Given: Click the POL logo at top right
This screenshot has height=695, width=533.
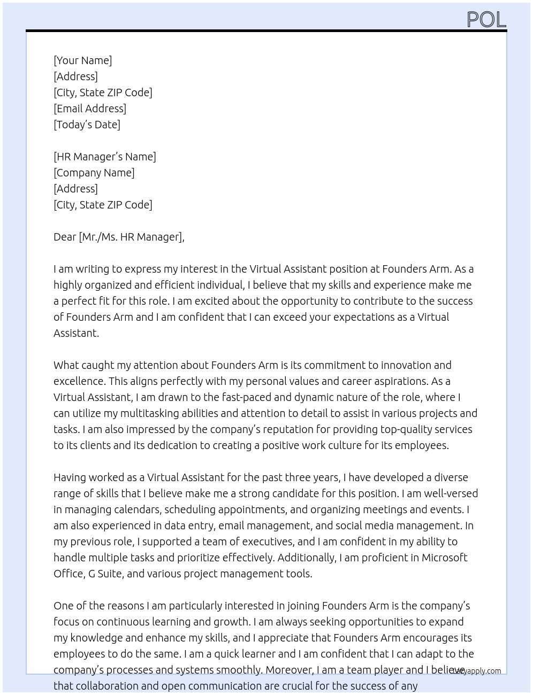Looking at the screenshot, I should click(486, 20).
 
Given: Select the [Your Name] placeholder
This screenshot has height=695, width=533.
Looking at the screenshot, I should click(82, 60).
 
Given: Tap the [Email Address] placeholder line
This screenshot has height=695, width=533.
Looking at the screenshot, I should click(90, 109).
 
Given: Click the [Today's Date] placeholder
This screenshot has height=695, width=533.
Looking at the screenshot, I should click(87, 125).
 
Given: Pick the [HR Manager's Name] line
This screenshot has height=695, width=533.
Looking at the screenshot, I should click(105, 157).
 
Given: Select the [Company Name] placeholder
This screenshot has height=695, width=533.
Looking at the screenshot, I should click(94, 173).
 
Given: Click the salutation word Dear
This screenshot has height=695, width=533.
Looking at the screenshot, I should click(65, 237).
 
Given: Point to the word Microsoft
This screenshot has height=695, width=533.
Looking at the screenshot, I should click(444, 558).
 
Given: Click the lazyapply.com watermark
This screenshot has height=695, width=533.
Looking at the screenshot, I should click(476, 671).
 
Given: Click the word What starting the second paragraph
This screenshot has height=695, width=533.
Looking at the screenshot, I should click(66, 365).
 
